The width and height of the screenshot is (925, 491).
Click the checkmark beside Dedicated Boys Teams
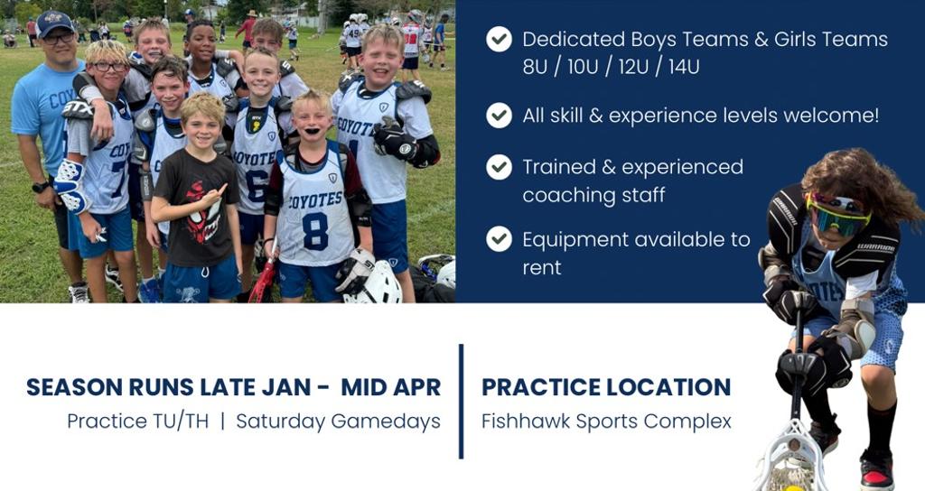point(499,40)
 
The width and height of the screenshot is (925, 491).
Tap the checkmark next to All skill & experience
point(499,116)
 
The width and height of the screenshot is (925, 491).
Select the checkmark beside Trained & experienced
point(499,167)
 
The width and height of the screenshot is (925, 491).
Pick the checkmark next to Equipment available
point(499,239)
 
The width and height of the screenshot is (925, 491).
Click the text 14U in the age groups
point(684,67)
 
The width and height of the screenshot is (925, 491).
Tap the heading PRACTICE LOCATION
point(606,387)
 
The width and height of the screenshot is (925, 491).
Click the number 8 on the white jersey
point(315,232)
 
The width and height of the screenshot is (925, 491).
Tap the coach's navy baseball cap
point(53,23)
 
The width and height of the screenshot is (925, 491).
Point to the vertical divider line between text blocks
point(461,402)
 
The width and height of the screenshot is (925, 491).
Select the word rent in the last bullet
point(542,268)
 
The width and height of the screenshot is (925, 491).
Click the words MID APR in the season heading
point(390,387)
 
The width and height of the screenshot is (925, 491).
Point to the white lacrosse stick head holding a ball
point(791,459)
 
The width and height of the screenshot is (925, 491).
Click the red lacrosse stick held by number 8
point(264,278)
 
